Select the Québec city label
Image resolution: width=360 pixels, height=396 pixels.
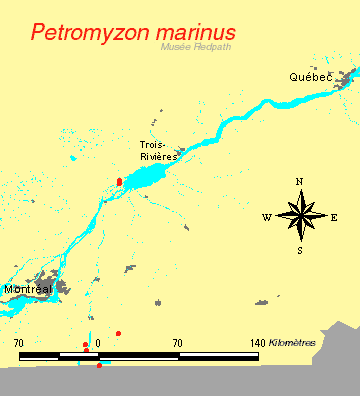tap(311, 77)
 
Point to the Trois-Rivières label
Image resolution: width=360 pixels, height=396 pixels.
tap(159, 150)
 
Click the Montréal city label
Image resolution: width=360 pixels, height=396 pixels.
tap(28, 289)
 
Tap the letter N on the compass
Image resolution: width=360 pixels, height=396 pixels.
tap(299, 182)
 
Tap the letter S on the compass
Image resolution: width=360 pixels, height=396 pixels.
tap(299, 250)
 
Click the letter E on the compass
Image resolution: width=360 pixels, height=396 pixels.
tap(334, 217)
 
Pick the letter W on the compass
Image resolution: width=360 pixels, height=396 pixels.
tap(266, 217)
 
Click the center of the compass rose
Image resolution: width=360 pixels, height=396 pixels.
tap(300, 215)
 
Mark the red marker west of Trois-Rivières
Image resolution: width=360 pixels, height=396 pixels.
tap(119, 182)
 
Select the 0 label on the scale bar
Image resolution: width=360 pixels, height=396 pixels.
tap(98, 344)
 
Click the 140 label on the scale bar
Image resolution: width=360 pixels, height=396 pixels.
tap(257, 344)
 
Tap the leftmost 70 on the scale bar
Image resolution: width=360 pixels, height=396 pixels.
tap(19, 344)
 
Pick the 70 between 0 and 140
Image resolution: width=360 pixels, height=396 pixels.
tap(177, 344)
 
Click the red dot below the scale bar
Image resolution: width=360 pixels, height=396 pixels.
tap(99, 365)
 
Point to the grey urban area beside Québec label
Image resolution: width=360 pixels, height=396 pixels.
tap(347, 76)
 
